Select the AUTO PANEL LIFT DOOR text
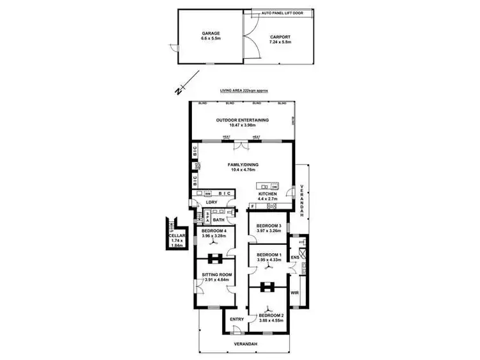(283, 12)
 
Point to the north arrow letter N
(177, 91)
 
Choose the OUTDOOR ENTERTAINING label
(242, 120)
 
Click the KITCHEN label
(268, 193)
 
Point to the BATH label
(219, 219)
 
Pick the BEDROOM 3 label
(269, 226)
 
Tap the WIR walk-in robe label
(295, 293)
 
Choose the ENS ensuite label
(294, 258)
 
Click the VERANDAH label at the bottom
(245, 344)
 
